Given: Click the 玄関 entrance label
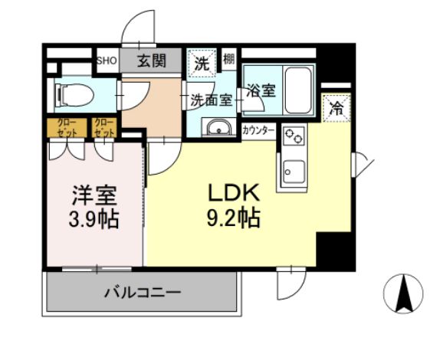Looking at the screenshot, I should [152, 61].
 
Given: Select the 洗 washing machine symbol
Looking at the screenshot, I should [201, 65].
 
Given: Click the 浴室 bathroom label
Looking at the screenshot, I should [260, 90].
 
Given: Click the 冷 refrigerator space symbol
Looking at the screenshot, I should [336, 108].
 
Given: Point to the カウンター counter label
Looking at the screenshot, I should [258, 131].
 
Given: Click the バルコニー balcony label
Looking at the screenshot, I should [142, 292].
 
